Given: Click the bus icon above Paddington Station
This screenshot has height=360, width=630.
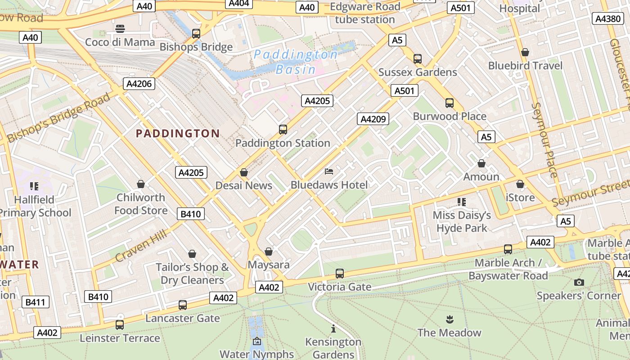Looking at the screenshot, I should pyautogui.click(x=283, y=130).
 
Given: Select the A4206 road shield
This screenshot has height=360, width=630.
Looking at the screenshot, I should pyautogui.click(x=139, y=83).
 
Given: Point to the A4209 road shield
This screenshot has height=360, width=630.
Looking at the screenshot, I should pyautogui.click(x=373, y=119).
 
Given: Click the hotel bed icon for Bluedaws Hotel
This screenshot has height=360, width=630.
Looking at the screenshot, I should pyautogui.click(x=329, y=171).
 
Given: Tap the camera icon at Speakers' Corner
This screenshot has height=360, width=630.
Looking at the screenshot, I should pyautogui.click(x=579, y=282).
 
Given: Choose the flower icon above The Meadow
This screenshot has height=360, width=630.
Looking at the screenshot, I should pyautogui.click(x=449, y=320).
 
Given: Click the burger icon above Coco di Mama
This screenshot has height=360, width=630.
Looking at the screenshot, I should pyautogui.click(x=120, y=29).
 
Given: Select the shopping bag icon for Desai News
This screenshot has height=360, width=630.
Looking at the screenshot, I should pyautogui.click(x=243, y=172).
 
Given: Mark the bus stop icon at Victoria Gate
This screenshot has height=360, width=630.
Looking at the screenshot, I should pyautogui.click(x=340, y=274).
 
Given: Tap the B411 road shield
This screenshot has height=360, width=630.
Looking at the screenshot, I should pyautogui.click(x=35, y=302).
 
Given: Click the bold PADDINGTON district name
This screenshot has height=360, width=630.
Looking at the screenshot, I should pyautogui.click(x=178, y=134).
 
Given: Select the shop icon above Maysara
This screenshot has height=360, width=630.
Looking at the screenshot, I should pyautogui.click(x=269, y=252).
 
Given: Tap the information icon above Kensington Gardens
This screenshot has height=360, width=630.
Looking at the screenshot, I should pyautogui.click(x=333, y=328).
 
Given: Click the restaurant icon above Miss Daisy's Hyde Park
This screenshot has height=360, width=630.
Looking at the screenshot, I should pyautogui.click(x=461, y=202).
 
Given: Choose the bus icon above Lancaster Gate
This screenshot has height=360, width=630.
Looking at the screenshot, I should pyautogui.click(x=182, y=305).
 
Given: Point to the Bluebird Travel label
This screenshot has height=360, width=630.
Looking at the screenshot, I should pyautogui.click(x=525, y=66).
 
